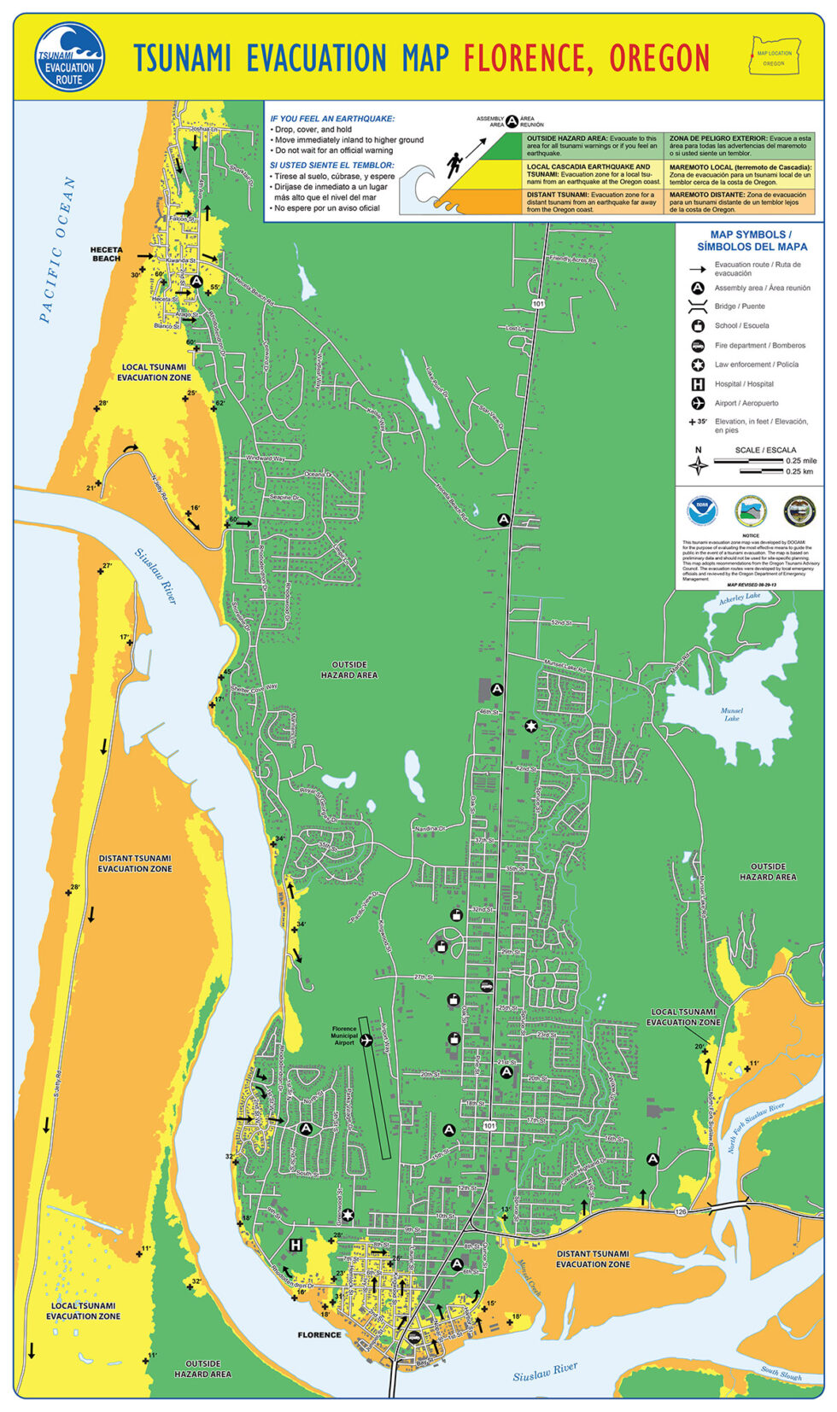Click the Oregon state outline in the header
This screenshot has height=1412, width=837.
click(774, 55)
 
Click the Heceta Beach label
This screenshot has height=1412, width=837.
click(106, 254)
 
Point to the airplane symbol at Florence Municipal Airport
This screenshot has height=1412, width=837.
click(367, 1039)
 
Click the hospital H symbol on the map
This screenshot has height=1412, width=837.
click(296, 1245)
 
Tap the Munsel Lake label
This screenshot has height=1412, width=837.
click(732, 714)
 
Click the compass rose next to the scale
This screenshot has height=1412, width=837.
click(699, 466)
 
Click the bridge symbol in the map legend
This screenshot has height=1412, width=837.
click(698, 306)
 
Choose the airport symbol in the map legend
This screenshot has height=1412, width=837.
click(698, 403)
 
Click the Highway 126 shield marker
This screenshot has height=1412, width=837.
click(681, 1212)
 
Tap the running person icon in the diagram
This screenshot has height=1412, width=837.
click(452, 162)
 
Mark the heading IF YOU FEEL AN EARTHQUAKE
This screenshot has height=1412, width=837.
click(332, 119)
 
